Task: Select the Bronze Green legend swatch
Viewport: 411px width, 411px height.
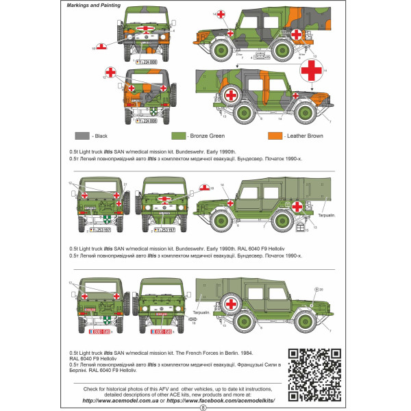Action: pyautogui.click(x=179, y=136)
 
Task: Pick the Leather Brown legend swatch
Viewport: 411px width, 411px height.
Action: pyautogui.click(x=275, y=136)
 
